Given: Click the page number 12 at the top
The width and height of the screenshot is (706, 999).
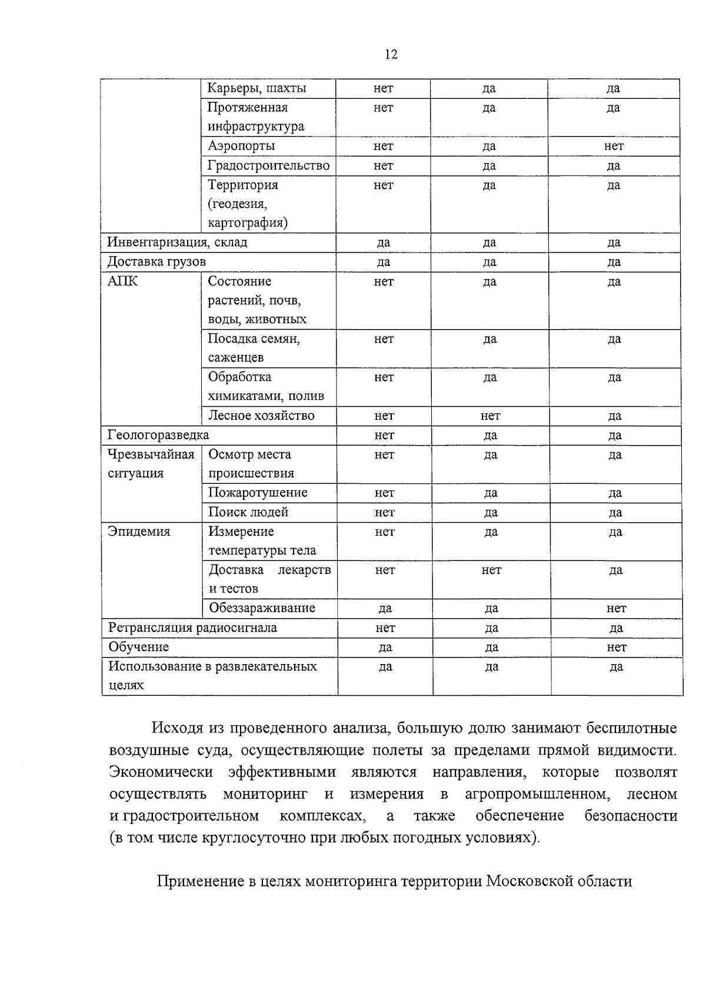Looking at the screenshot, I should (391, 55).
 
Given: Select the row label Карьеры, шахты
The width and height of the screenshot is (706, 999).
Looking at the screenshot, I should (257, 88).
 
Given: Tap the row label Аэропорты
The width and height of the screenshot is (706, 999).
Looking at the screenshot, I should (241, 146).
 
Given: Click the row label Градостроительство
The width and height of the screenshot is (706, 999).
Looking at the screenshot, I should (269, 165).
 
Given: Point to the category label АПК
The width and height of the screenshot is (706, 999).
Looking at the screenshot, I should (122, 281).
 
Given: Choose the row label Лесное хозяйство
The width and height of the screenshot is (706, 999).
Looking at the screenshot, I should (262, 416).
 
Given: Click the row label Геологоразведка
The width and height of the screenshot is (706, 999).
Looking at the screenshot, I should (158, 435).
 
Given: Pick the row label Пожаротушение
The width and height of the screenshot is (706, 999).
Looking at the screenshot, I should (258, 493).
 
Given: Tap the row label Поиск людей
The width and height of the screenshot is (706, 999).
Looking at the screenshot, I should (249, 512).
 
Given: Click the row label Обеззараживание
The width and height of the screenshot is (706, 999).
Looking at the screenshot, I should (262, 608).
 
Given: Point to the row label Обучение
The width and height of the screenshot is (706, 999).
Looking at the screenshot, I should (139, 647).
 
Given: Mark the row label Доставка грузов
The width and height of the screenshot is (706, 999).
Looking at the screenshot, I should (156, 261).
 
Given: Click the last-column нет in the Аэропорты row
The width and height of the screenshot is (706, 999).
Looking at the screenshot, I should (614, 146).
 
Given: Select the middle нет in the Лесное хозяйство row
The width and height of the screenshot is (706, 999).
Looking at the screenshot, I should (491, 416).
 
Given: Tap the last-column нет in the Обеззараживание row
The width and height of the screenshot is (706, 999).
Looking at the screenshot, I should (617, 608).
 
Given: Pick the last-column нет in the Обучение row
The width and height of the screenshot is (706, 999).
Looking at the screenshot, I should (617, 647).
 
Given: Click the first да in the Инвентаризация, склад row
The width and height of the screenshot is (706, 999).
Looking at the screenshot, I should (383, 243).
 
